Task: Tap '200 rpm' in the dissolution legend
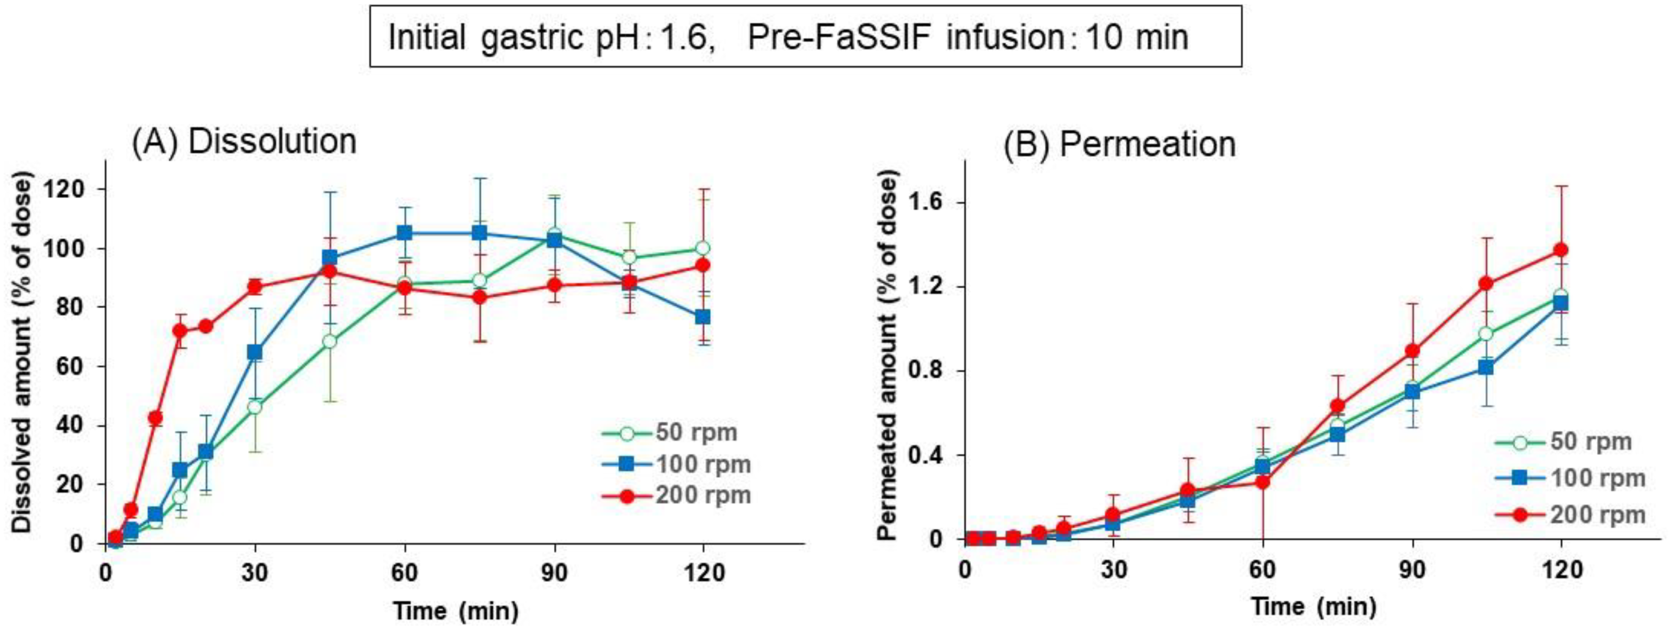coord(704,495)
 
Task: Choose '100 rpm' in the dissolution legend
coord(704,464)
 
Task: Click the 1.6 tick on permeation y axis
coord(934,203)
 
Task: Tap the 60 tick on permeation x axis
coord(1262,570)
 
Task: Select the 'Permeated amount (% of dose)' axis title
coord(888,357)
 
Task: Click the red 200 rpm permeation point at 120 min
coord(1561,250)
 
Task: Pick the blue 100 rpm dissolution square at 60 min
coord(404,233)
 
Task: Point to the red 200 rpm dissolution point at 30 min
coord(255,287)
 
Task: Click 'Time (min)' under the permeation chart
coord(1313,607)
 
